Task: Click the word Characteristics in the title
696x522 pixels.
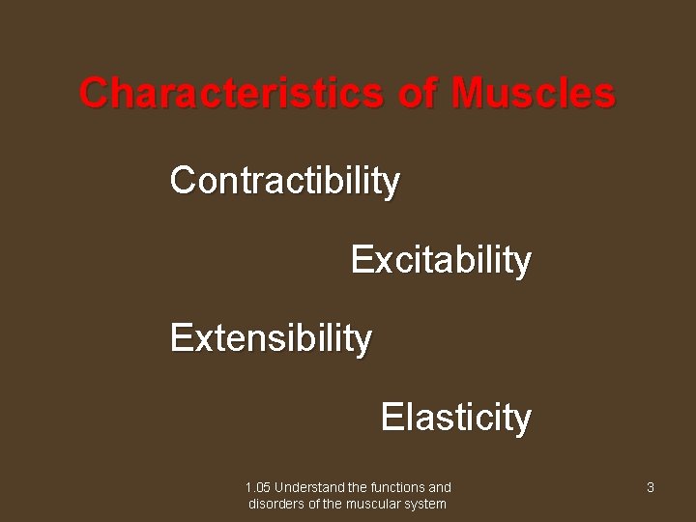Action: pyautogui.click(x=231, y=94)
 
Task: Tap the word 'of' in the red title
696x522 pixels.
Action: pyautogui.click(x=417, y=94)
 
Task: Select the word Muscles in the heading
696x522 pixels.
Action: pyautogui.click(x=532, y=94)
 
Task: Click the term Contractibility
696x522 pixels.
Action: pyautogui.click(x=285, y=181)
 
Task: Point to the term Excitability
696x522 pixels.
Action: pyautogui.click(x=441, y=260)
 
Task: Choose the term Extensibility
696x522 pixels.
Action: pyautogui.click(x=271, y=338)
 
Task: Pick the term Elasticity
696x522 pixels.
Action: pyautogui.click(x=456, y=418)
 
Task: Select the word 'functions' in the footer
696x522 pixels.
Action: pyautogui.click(x=397, y=488)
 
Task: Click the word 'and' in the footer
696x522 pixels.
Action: pyautogui.click(x=440, y=488)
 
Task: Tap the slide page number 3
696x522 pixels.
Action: pyautogui.click(x=651, y=488)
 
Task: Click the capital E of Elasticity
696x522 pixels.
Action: pyautogui.click(x=391, y=418)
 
